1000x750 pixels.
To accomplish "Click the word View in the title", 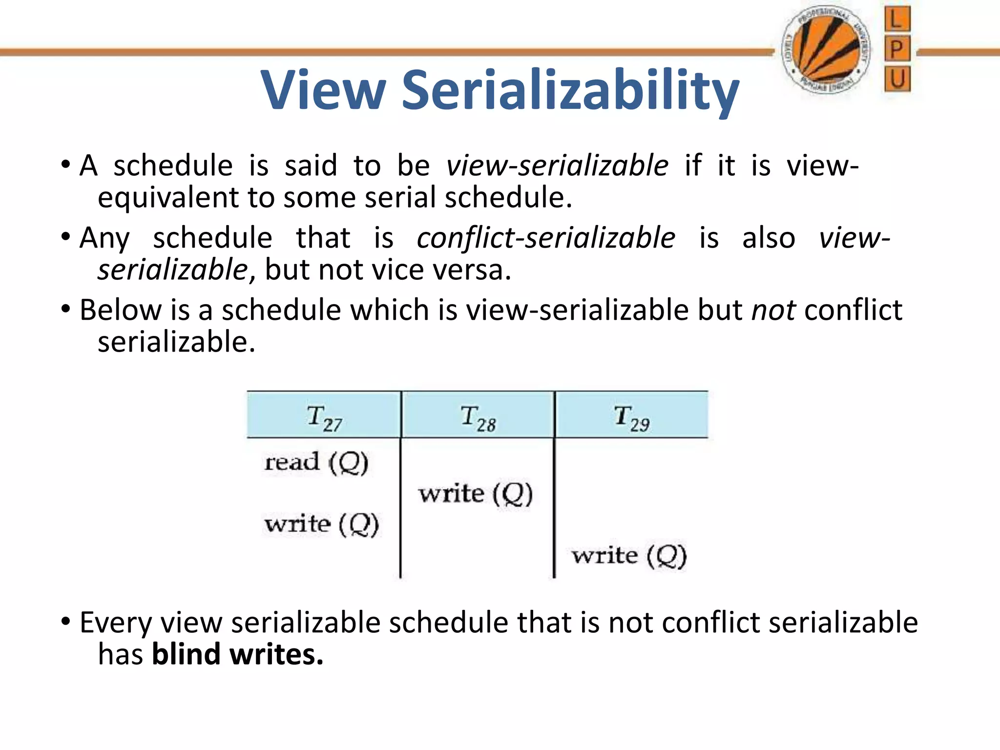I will click(323, 90).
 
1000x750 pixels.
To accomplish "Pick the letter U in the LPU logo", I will click(897, 79).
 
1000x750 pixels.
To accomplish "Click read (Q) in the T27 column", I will click(316, 461).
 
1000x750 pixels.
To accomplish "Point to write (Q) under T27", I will click(321, 524).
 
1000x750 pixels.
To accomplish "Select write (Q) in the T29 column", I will click(629, 556).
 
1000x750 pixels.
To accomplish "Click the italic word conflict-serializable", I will click(546, 238).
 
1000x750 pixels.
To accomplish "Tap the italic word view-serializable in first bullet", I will click(557, 166).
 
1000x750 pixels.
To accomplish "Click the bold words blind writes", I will click(237, 654).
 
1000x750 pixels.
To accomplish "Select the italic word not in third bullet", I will click(773, 310).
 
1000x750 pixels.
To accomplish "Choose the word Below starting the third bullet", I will click(121, 310).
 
